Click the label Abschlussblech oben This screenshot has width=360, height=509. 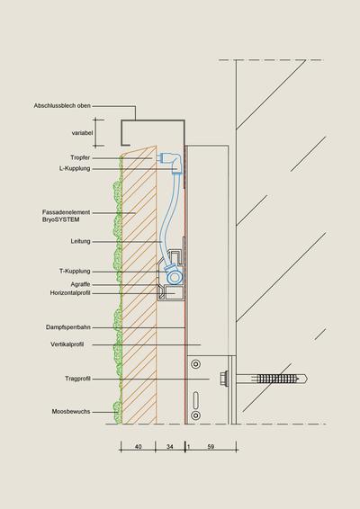(62, 106)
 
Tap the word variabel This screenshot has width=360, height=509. (82, 133)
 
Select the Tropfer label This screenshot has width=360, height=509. (80, 157)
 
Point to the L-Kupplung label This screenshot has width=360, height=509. (75, 168)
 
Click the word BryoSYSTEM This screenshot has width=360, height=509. (61, 219)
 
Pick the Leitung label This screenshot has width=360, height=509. (80, 241)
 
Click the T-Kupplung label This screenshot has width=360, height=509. (75, 271)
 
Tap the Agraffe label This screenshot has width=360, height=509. (80, 284)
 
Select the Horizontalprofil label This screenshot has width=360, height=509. (70, 293)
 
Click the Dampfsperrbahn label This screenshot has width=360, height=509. (67, 327)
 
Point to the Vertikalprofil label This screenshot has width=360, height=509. (67, 344)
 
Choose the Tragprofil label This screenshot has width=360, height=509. (77, 379)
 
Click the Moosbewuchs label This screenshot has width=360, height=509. (71, 411)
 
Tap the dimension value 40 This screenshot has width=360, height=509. (138, 447)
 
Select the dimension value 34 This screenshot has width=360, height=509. (169, 447)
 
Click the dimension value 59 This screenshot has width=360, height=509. (211, 447)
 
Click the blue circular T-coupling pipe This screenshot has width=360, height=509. (175, 278)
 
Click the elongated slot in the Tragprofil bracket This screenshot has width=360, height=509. (195, 399)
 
